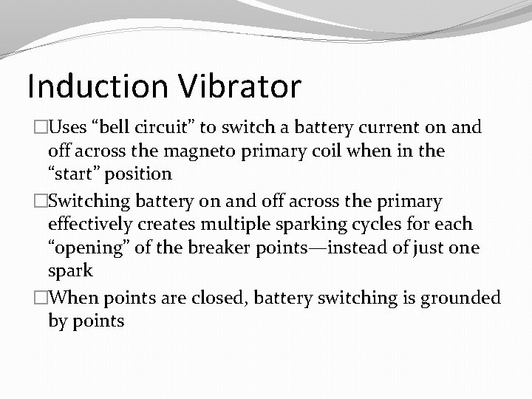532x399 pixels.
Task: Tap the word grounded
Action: (x=461, y=298)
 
